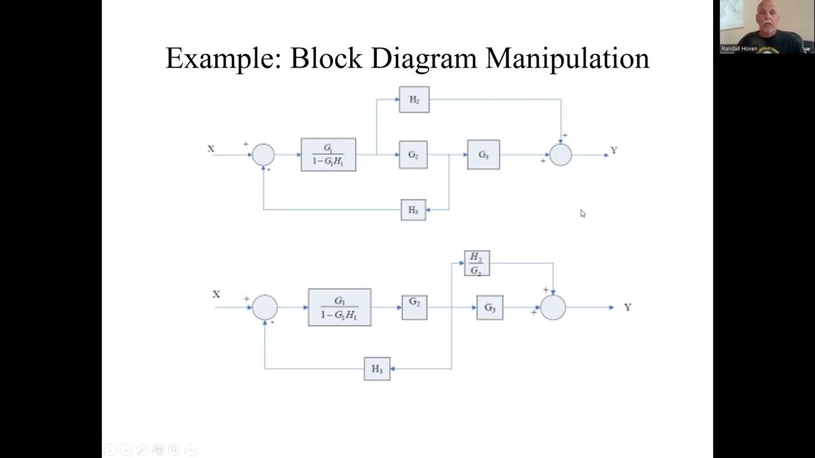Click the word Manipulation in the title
coord(567,59)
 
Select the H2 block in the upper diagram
coord(414,100)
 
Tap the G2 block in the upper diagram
coord(413,155)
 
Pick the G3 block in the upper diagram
coord(483,155)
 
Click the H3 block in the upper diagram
coord(413,210)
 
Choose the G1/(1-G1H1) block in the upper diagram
coord(329,155)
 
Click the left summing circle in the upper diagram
coord(263,155)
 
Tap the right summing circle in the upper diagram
coord(560,155)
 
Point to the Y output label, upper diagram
coord(614,151)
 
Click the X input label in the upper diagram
coord(211,149)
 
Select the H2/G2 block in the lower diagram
coord(476,263)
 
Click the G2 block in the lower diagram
coord(415,307)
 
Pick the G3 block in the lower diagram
coord(490,308)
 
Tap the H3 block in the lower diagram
coord(377,369)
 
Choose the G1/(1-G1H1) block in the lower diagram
coord(339,307)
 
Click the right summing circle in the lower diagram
coord(553,307)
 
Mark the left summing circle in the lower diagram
coord(265,307)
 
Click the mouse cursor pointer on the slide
coord(583,214)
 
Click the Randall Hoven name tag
coord(739,48)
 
